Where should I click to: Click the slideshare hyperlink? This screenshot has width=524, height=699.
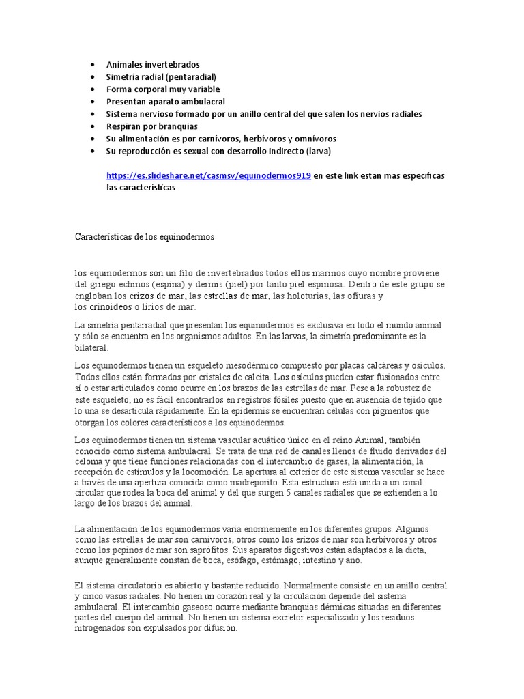209,175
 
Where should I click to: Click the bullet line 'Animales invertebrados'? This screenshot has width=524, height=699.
153,64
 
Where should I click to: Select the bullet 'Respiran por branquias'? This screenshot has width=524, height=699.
152,126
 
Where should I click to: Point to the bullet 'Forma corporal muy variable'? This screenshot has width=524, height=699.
163,89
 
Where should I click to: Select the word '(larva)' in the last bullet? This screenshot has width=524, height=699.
315,151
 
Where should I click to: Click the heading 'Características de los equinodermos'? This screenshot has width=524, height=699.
144,237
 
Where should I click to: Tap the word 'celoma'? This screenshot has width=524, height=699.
89,462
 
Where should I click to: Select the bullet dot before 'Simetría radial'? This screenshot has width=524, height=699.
92,76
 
